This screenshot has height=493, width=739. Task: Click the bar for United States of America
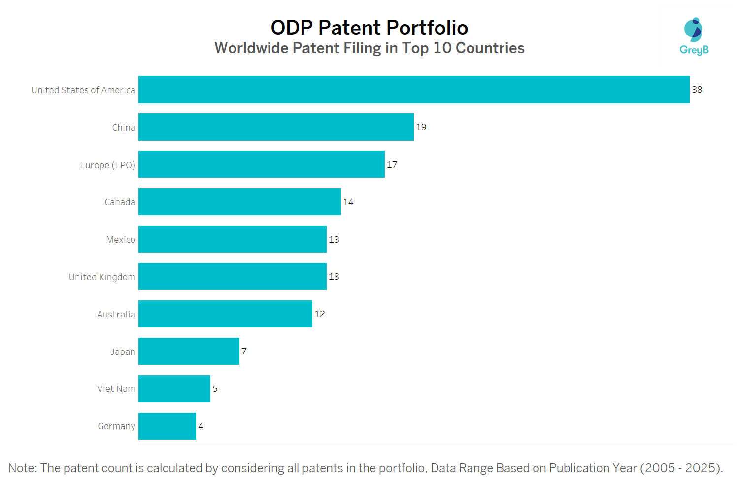(x=414, y=89)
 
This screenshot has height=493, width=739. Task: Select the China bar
(x=276, y=127)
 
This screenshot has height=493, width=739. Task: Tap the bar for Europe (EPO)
(x=261, y=164)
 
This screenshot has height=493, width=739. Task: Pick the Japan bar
(x=189, y=351)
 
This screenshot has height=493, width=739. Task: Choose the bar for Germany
(x=167, y=426)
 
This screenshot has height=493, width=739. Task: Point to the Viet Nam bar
(x=174, y=388)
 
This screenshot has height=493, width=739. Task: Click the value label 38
(x=697, y=90)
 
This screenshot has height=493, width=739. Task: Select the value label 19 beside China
(x=421, y=127)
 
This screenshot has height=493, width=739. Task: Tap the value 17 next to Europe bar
(x=392, y=165)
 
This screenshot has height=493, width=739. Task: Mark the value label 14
(x=348, y=202)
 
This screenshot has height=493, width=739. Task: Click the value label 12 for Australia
(x=319, y=314)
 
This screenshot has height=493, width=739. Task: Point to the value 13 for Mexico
(x=334, y=240)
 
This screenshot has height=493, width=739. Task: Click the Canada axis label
(x=120, y=202)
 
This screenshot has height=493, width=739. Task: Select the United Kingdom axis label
(x=102, y=277)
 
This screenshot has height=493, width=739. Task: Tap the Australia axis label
(x=116, y=315)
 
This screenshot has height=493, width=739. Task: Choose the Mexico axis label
(x=121, y=240)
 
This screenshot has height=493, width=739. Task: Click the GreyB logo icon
(x=693, y=31)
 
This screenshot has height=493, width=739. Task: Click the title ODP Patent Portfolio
(x=369, y=28)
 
